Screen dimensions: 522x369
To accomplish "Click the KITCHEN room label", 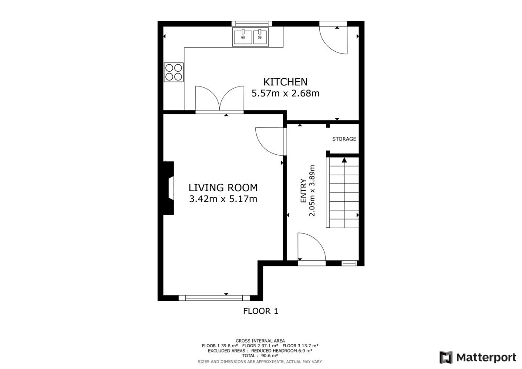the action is pyautogui.click(x=285, y=82).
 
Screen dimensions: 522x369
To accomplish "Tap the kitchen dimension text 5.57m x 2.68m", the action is pyautogui.click(x=285, y=93).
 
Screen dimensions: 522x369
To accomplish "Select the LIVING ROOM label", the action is pyautogui.click(x=223, y=188).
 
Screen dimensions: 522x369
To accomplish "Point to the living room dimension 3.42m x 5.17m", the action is pyautogui.click(x=223, y=199).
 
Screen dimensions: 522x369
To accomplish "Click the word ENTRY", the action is pyautogui.click(x=303, y=191).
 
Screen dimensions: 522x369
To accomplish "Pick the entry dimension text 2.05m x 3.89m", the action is pyautogui.click(x=312, y=191).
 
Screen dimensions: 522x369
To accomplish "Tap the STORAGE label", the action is pyautogui.click(x=344, y=139).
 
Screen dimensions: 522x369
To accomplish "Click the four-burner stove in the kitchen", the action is pyautogui.click(x=174, y=72).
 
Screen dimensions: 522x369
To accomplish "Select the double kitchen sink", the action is pyautogui.click(x=251, y=37).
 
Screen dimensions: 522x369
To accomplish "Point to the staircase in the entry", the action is pyautogui.click(x=342, y=192).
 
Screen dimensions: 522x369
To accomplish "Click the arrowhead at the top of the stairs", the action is pyautogui.click(x=345, y=160).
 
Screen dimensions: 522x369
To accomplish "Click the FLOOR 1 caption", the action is pyautogui.click(x=261, y=311).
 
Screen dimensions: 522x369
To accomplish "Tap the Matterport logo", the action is pyautogui.click(x=478, y=357).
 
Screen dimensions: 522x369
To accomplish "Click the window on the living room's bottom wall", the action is pyautogui.click(x=214, y=298).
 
